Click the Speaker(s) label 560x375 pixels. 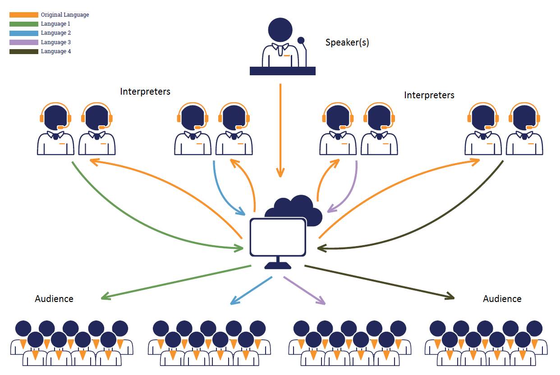pos(347,43)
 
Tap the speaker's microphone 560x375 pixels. pos(301,41)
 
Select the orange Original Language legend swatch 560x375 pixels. pos(24,15)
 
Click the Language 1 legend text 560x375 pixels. pos(55,24)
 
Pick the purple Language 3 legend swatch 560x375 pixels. pos(24,42)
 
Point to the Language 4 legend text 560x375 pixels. pos(55,51)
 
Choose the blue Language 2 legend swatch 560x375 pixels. pos(24,33)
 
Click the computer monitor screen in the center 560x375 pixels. pos(278,237)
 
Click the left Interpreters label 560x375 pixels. pos(145,91)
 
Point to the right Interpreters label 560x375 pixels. pos(429,95)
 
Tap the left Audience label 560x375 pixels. pos(54,298)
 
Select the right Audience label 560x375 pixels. pos(502,298)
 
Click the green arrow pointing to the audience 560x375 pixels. pos(176,282)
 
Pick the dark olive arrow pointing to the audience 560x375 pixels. pos(379,282)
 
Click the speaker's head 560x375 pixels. pos(280,29)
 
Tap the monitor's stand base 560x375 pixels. pos(278,266)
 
